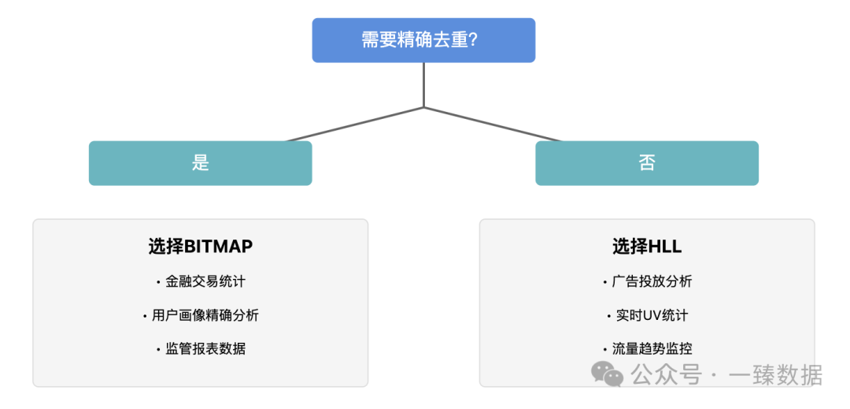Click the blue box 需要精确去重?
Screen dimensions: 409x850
coord(423,40)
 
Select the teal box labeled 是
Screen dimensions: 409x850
coord(200,163)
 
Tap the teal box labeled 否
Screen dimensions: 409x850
coord(647,163)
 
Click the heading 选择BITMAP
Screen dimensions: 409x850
coord(201,246)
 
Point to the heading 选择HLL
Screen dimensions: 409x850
coord(647,246)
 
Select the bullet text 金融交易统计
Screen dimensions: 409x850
coord(205,281)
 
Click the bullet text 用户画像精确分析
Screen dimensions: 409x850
coord(205,315)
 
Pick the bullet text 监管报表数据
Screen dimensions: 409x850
coord(205,348)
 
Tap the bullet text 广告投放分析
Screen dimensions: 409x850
coord(652,281)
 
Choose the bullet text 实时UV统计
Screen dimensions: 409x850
coord(652,315)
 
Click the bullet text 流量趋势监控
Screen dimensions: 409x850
coord(652,348)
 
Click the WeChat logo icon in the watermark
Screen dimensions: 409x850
coord(608,374)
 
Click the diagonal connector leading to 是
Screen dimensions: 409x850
coord(354,125)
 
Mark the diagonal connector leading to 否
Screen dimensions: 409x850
coord(493,125)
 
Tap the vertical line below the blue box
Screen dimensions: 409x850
coord(423,84)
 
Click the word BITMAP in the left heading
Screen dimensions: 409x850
coord(218,246)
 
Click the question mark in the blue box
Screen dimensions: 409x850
coord(472,40)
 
